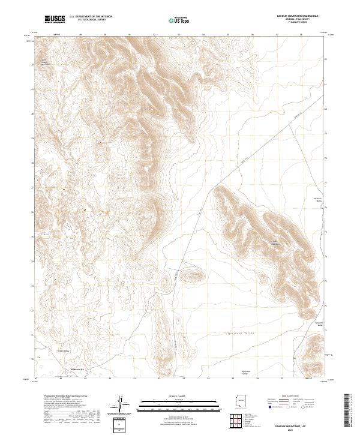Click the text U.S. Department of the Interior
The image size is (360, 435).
(91, 17)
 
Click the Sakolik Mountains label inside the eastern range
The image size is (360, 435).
(274, 243)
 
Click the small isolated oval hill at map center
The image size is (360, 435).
(198, 276)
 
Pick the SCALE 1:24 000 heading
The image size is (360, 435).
(173, 397)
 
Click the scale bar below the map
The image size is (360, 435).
(173, 404)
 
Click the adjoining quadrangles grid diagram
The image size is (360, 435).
(238, 422)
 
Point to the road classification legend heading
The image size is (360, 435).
(296, 397)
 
